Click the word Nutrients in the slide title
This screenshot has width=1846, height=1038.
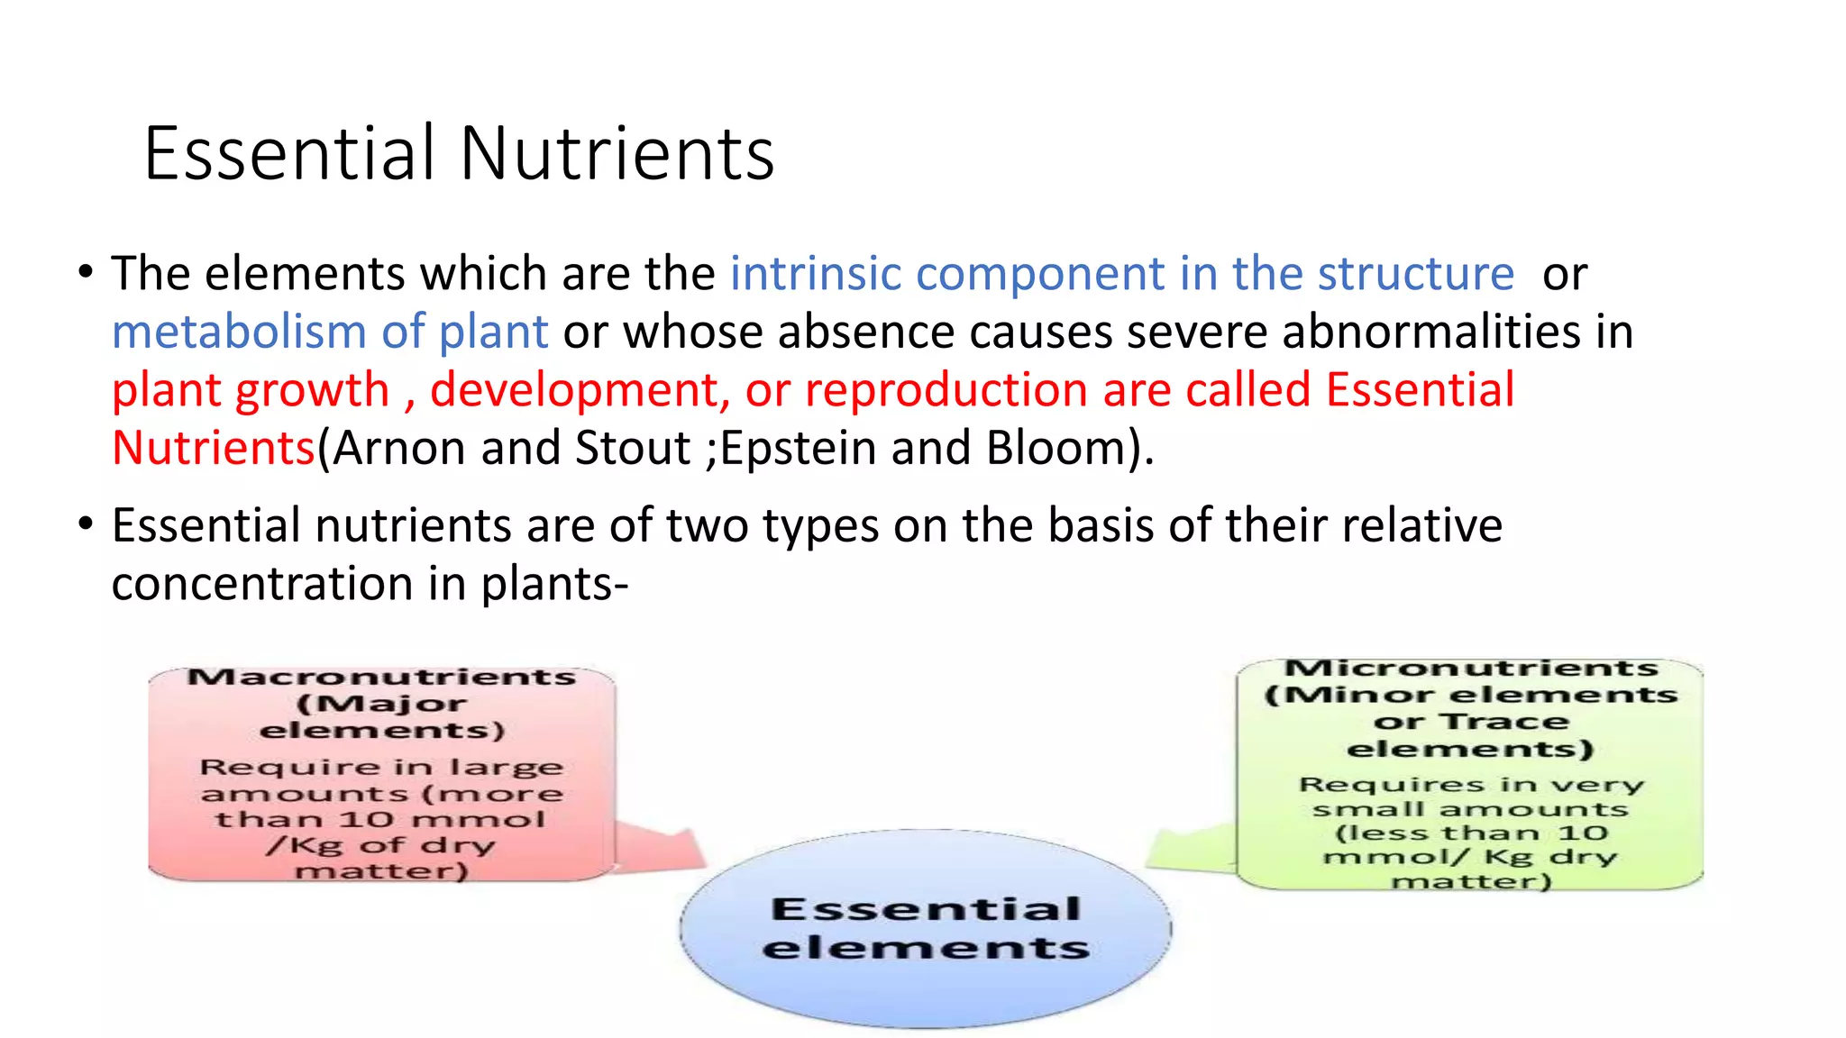point(617,153)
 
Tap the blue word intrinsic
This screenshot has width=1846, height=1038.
point(815,273)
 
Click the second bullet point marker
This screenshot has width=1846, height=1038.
point(86,524)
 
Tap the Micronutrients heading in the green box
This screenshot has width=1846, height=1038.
point(1471,669)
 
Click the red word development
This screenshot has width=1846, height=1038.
point(580,390)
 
